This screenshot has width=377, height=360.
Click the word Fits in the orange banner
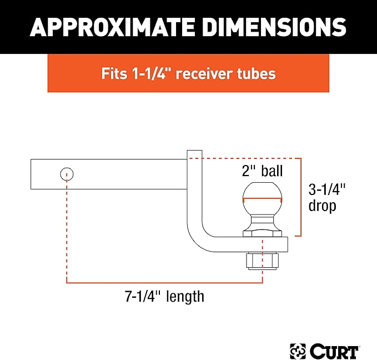[x=114, y=73]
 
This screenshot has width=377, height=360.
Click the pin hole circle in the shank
[x=67, y=174]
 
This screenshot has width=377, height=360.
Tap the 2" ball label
[x=262, y=171]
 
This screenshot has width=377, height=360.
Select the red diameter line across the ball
[x=262, y=199]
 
